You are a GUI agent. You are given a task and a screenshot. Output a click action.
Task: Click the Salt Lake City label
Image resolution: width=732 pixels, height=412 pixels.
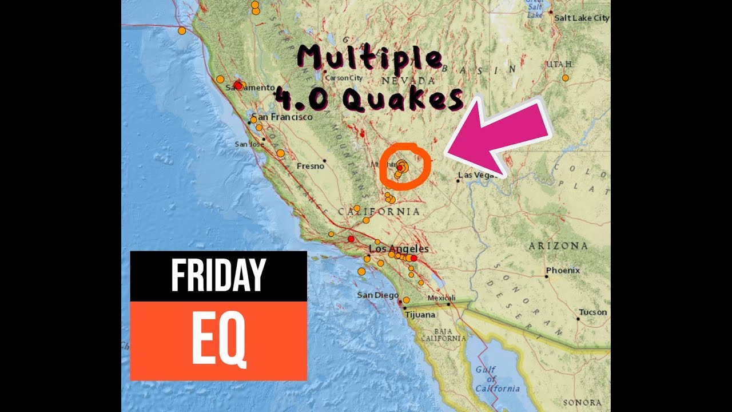point(582,18)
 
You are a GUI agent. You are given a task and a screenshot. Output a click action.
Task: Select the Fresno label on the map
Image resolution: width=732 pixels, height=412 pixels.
point(311,167)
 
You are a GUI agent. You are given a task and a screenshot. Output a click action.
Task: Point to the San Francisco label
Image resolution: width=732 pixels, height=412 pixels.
point(282,117)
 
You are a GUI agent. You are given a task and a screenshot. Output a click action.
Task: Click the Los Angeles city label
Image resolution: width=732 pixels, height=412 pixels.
point(399,249)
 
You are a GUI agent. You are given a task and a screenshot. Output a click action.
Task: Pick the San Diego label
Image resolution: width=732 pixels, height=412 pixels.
point(377,295)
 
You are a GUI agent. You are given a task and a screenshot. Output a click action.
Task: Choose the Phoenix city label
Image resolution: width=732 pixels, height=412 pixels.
point(563,270)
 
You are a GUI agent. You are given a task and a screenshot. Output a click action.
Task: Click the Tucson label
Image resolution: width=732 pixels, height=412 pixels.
point(592,312)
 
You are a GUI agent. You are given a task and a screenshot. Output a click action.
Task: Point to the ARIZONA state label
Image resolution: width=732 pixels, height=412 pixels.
point(558,246)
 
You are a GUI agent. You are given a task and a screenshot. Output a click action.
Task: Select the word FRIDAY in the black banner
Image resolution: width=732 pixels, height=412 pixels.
point(218,275)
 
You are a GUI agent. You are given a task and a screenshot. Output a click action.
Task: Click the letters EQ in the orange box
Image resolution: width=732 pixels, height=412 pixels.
point(218,341)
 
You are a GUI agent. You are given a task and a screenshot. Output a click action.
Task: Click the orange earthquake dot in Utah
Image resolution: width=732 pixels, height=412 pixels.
point(565,78)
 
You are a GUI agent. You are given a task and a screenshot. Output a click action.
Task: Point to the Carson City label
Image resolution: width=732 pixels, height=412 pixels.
point(344,78)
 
